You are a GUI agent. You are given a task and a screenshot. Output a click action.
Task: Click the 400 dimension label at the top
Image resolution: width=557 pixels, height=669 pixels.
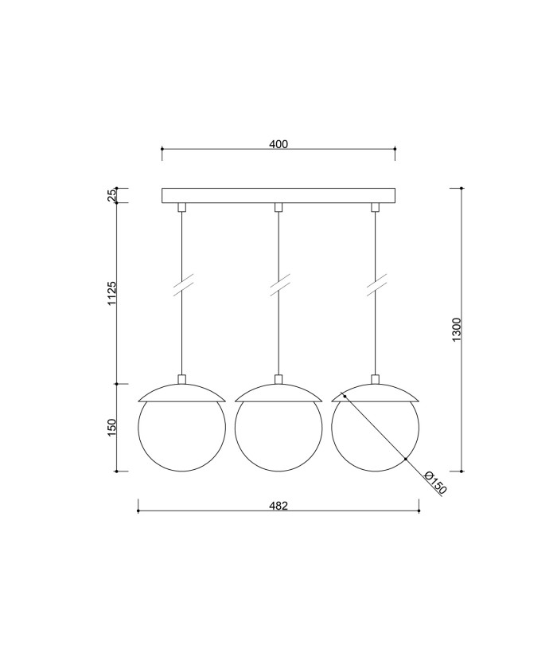[278, 144]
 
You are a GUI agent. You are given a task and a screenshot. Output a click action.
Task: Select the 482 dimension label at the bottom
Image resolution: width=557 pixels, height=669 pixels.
[278, 506]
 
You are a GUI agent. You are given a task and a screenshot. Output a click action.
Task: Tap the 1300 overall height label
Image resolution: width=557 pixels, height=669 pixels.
[456, 330]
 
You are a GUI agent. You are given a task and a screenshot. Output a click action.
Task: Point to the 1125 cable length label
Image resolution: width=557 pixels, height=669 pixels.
[111, 293]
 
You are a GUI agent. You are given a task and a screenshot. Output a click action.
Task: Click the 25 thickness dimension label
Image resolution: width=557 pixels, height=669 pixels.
[111, 195]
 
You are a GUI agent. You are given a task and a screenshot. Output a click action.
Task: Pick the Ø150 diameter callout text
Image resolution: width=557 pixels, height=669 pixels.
[435, 483]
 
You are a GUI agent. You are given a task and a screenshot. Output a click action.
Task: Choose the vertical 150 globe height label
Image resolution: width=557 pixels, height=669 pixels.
[111, 428]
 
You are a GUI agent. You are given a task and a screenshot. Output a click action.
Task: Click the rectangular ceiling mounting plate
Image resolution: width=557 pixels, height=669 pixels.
[278, 195]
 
